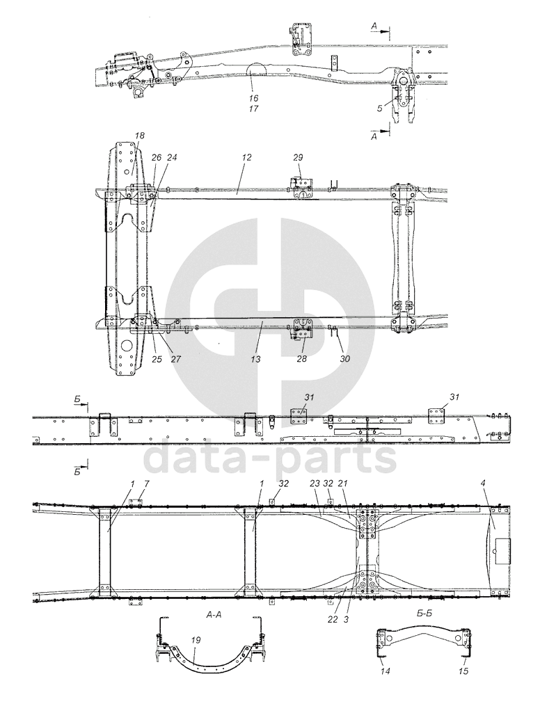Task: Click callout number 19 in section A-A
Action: pyautogui.click(x=196, y=640)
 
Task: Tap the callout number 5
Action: pyautogui.click(x=380, y=108)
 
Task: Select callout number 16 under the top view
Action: pyautogui.click(x=253, y=98)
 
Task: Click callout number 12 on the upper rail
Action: pyautogui.click(x=246, y=157)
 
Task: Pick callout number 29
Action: pyautogui.click(x=298, y=157)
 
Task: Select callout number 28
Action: pyautogui.click(x=302, y=358)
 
